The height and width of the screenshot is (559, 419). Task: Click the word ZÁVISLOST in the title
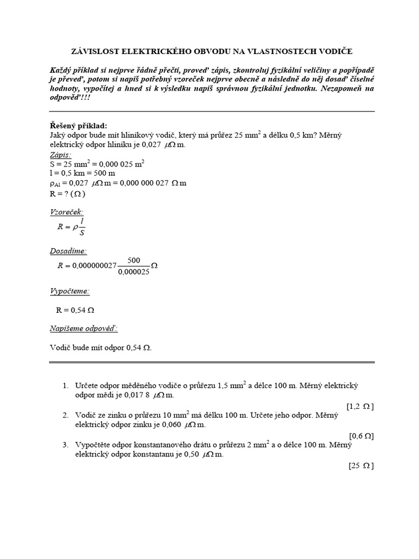point(96,51)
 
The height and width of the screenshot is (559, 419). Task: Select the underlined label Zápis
point(60,154)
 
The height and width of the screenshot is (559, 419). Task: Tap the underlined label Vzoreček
point(67,212)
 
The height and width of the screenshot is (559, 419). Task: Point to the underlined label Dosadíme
point(68,251)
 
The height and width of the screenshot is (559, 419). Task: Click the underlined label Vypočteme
point(70,291)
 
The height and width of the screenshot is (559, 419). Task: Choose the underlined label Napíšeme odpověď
point(83,329)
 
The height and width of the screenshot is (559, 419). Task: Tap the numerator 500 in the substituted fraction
point(134,261)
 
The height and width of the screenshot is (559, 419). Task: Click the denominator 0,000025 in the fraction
point(134,272)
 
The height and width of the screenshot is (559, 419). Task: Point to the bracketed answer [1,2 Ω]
point(360,406)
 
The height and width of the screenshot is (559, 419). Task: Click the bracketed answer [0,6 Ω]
point(361,436)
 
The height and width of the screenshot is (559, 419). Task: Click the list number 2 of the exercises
point(65,416)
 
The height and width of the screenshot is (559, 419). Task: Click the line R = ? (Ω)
point(68,193)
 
